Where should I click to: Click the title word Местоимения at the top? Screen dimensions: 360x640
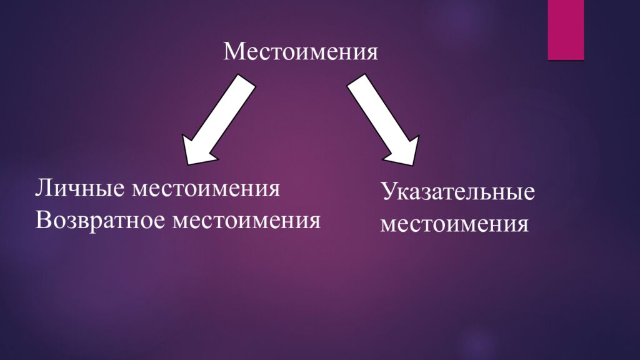(301, 51)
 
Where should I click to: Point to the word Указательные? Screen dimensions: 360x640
(458, 192)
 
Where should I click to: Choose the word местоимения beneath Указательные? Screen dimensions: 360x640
(454, 224)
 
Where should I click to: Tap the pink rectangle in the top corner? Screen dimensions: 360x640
(566, 29)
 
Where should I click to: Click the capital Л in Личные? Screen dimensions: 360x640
(42, 188)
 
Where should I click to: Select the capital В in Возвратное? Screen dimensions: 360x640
(43, 220)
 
